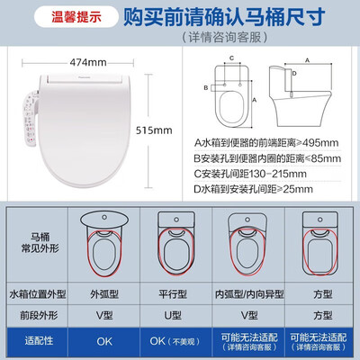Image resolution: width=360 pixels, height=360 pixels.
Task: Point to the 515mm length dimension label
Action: click(x=158, y=130)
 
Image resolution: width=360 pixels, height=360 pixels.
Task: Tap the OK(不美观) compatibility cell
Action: click(x=174, y=342)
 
